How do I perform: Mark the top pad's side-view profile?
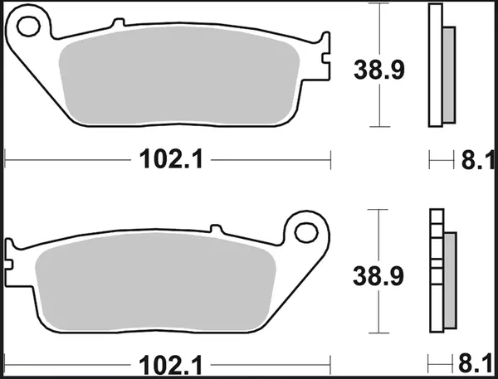click(x=435, y=66)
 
